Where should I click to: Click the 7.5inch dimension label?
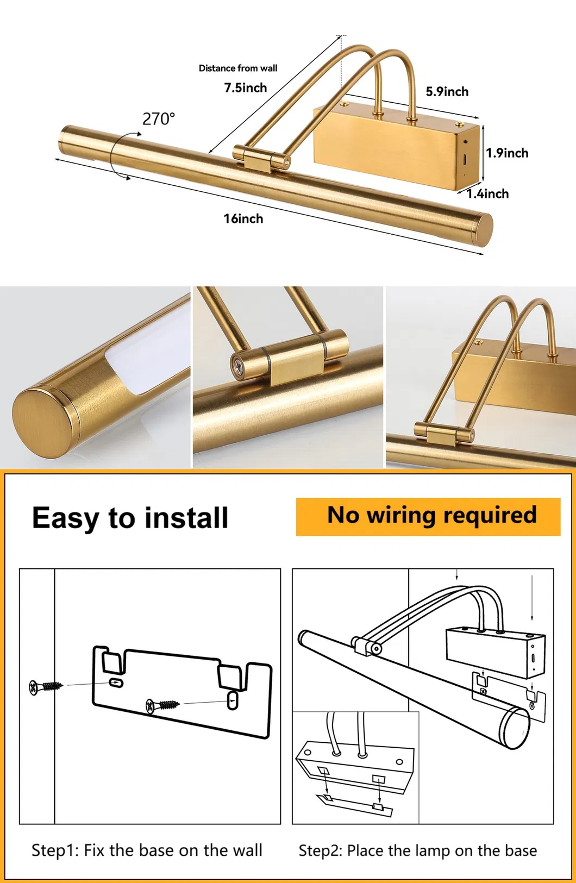(246, 87)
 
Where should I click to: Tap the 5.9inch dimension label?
(447, 92)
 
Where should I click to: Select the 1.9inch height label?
(506, 153)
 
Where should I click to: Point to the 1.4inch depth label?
(487, 194)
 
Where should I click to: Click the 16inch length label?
(243, 219)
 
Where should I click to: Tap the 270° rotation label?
(159, 118)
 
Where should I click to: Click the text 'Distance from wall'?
(237, 68)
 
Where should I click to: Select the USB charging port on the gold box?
(465, 160)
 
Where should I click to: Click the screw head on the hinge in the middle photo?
(238, 365)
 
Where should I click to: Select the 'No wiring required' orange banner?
(428, 516)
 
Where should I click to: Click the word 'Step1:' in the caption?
(55, 850)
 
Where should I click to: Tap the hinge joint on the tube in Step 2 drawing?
(367, 646)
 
